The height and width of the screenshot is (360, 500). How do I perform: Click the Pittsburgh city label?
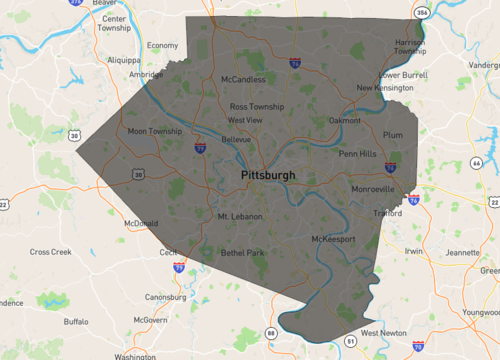coord(268,175)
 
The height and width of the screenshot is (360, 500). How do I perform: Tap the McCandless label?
coord(243,78)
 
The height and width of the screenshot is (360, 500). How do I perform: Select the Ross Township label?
coord(257,106)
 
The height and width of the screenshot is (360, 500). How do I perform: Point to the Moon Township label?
coord(155,131)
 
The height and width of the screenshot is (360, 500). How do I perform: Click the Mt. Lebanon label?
coord(240,216)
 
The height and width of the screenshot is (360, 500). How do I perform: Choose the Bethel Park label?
coord(243,253)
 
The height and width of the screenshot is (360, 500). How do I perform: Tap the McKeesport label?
coord(334,240)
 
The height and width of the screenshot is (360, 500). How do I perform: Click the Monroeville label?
coord(374,188)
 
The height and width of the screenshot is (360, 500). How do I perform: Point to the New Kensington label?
coord(385,87)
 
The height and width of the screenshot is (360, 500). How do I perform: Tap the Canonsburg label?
coord(166,297)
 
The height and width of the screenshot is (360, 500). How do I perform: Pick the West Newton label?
coord(384,333)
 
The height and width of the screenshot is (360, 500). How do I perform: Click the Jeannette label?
coord(463,253)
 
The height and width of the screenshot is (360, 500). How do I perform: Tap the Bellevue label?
coord(236,140)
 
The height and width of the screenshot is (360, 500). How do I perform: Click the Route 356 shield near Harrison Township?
coord(421,13)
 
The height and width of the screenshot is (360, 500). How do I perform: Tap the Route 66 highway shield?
coord(477,163)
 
